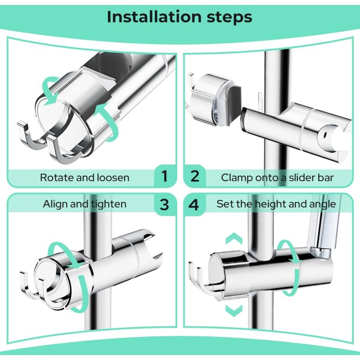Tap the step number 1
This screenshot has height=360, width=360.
tap(165, 176)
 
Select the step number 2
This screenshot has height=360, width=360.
tap(195, 176)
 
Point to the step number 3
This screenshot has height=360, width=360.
tap(164, 205)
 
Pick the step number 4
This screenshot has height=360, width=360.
tap(193, 205)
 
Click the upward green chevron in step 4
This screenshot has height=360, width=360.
tap(234, 238)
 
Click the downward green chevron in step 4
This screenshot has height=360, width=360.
tap(234, 310)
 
